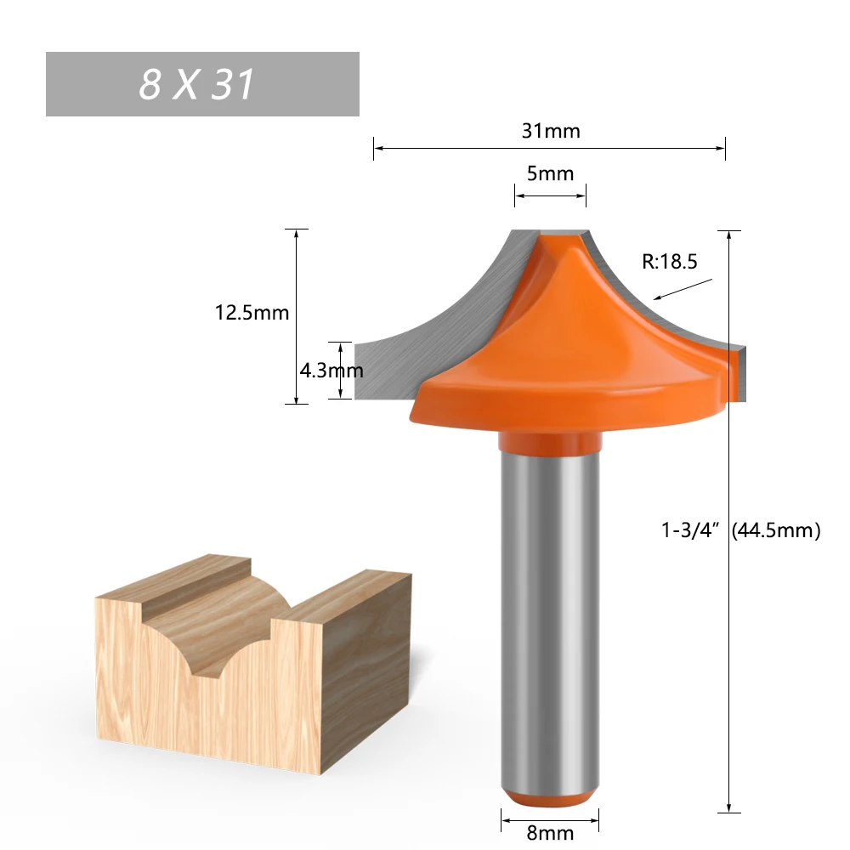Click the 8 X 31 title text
click(x=197, y=85)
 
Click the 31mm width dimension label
click(x=550, y=131)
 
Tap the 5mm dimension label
click(x=550, y=173)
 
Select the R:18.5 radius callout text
click(x=669, y=262)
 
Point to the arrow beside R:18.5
click(x=683, y=289)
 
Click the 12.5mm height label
click(x=252, y=313)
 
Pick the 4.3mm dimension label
click(x=331, y=371)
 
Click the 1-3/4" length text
click(x=690, y=531)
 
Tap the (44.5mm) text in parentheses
click(x=775, y=531)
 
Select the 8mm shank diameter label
click(x=550, y=834)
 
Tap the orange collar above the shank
click(x=548, y=442)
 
